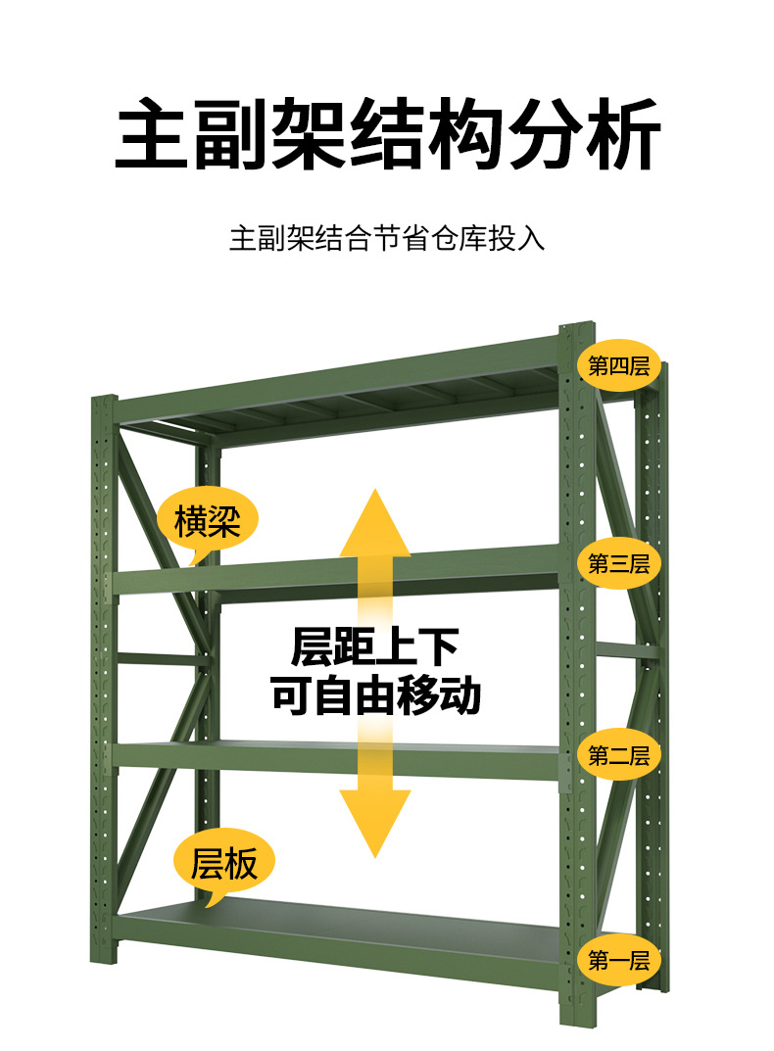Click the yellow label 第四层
(618, 367)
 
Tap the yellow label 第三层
(618, 563)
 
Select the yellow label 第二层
(618, 755)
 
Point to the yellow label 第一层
(618, 961)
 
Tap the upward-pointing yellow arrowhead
(375, 524)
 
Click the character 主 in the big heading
(153, 134)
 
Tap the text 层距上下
(375, 648)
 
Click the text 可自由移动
(375, 695)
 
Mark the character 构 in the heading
(465, 134)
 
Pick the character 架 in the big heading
(310, 134)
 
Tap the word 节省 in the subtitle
(402, 238)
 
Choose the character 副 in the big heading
(231, 134)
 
